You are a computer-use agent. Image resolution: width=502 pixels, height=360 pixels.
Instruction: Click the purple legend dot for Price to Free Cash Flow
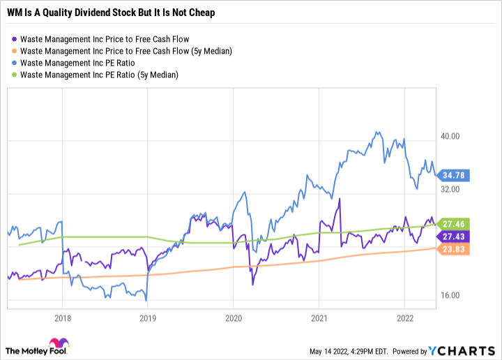(x=14, y=39)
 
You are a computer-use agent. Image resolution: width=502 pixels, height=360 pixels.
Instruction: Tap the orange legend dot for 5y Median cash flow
(x=14, y=51)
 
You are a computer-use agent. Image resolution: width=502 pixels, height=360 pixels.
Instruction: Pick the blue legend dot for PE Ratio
(x=14, y=63)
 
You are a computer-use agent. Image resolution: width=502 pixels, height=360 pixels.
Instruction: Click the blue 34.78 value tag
(x=452, y=174)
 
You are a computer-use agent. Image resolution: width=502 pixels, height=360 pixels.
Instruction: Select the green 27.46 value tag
(x=452, y=224)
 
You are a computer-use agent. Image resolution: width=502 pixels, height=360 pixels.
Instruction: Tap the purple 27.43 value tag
(x=452, y=237)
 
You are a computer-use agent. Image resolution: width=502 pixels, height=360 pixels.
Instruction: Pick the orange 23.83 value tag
(x=452, y=250)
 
